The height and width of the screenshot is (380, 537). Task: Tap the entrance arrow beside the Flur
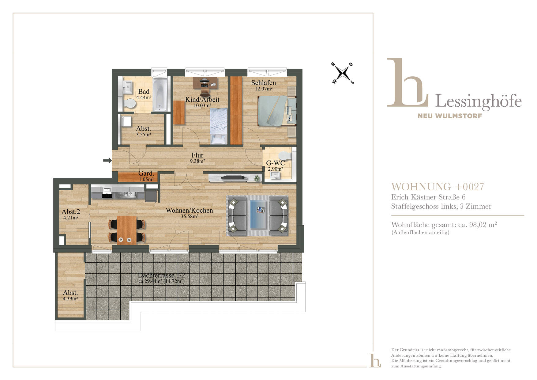tap(107, 160)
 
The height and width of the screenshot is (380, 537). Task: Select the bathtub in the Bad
tap(160, 94)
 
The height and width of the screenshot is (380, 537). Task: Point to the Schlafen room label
tap(264, 83)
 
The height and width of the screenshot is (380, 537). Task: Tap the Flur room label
tap(197, 155)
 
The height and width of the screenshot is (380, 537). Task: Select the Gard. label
tap(146, 173)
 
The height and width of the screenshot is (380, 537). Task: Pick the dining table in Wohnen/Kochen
tap(127, 230)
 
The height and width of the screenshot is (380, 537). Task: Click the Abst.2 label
tap(71, 212)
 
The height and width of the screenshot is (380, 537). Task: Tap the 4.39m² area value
tap(70, 298)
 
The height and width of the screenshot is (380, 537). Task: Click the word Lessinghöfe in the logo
tap(478, 101)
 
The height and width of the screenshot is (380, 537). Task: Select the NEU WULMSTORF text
tap(450, 116)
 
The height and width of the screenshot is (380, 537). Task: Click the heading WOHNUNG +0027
tap(437, 187)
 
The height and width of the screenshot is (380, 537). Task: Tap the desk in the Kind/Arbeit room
tap(205, 82)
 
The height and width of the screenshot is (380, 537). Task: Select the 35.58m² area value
tap(190, 216)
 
